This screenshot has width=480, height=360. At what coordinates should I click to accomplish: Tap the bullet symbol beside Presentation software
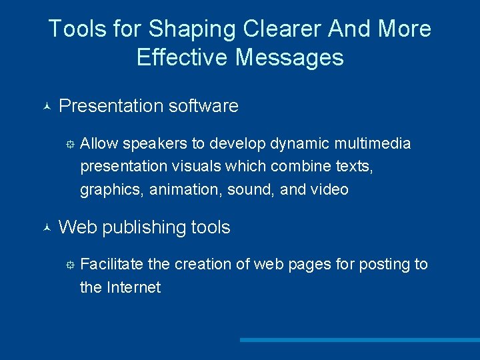point(45,107)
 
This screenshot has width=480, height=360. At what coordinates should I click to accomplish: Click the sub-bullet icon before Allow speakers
point(69,144)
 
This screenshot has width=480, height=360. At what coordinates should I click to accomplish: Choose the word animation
point(185,190)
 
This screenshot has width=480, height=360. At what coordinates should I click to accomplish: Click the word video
point(329,190)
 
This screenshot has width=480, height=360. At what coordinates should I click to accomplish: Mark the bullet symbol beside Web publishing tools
point(45,228)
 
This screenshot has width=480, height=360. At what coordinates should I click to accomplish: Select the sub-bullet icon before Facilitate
point(69,265)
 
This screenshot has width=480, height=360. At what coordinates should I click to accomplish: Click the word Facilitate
point(111,264)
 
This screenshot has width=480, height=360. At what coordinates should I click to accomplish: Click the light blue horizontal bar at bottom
point(359,340)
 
